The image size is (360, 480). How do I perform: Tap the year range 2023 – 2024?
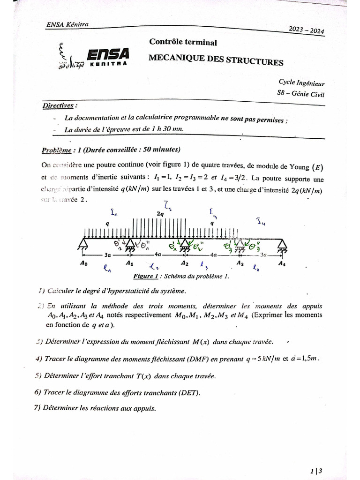307,30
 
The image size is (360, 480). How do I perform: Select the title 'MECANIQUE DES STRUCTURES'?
216,60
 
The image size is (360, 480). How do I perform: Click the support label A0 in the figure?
83,263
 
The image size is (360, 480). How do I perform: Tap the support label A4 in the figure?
281,263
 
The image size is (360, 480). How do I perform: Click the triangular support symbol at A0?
83,244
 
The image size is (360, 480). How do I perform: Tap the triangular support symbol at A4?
281,244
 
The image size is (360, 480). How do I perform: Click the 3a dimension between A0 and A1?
107,255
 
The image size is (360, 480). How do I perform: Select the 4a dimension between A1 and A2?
157,255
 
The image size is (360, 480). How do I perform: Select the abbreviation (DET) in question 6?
189,392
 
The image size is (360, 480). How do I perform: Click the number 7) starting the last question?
37,408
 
